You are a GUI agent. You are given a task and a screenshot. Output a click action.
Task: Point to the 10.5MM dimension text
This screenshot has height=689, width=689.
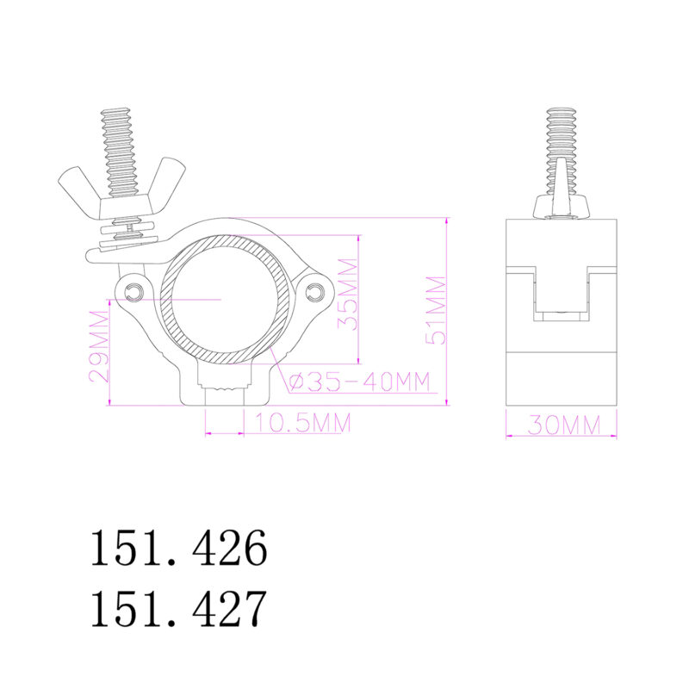point(298,423)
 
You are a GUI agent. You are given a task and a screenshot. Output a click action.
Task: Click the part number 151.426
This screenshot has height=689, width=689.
point(179,549)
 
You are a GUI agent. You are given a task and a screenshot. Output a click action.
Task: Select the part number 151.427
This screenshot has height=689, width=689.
point(179,609)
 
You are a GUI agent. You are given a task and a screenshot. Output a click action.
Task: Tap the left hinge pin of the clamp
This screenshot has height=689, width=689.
point(133,289)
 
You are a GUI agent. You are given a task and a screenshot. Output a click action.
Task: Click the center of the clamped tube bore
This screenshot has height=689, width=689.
point(222,298)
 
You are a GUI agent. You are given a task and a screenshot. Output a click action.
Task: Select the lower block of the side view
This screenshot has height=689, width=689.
point(562,379)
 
